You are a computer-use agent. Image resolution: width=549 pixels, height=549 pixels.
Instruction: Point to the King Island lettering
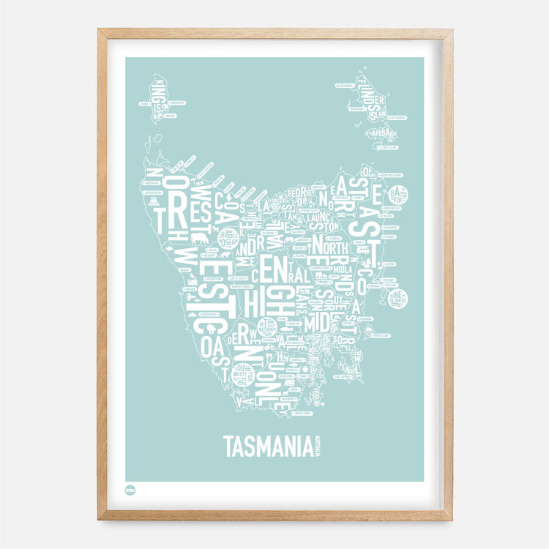(156, 96)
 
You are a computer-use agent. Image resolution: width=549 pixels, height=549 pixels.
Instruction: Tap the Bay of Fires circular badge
(398, 195)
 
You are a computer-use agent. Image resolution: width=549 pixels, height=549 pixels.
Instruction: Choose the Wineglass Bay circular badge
(399, 299)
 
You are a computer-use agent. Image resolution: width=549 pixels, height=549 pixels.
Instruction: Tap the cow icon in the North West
(198, 238)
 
